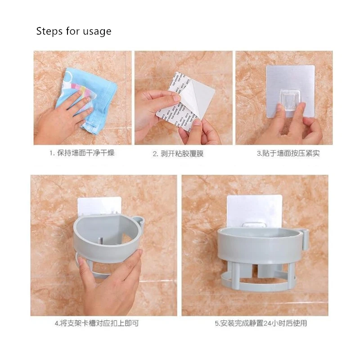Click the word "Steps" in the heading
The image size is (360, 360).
49,31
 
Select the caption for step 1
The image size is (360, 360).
81,153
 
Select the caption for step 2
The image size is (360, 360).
178,153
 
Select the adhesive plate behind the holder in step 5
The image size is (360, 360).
254,207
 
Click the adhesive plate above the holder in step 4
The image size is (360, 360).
99,205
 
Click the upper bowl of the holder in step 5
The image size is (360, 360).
256,243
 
